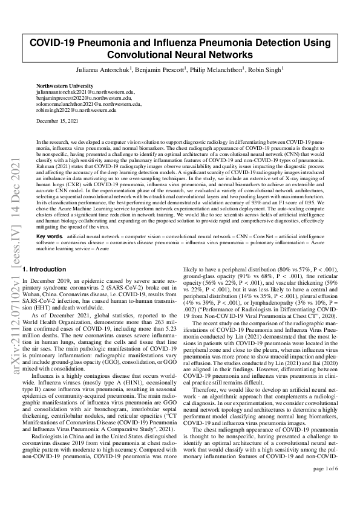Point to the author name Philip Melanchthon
(219, 70)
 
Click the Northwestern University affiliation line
(65, 86)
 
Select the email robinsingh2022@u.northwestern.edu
(76, 110)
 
